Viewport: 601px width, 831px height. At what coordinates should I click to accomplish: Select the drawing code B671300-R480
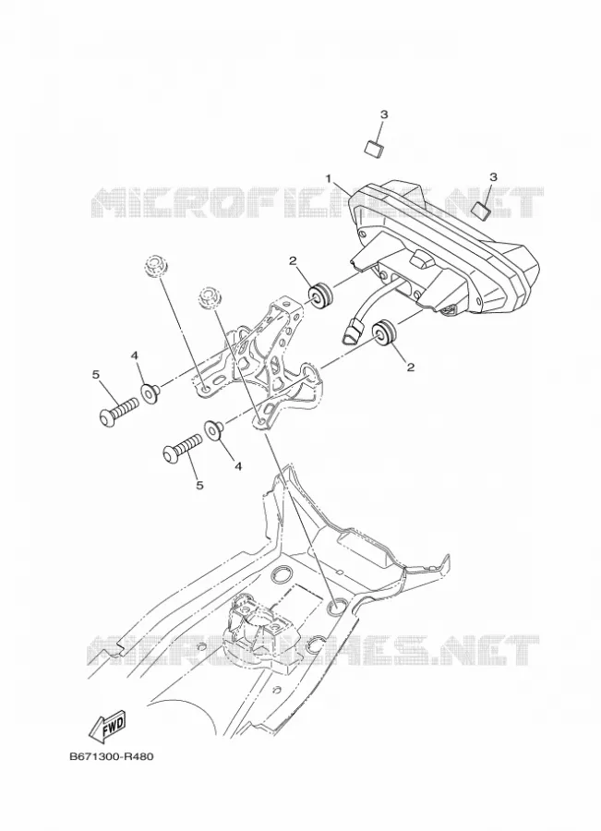tap(112, 756)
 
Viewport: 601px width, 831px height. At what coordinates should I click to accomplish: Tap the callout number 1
tap(329, 178)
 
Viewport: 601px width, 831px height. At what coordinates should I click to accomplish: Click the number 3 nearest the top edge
tap(384, 114)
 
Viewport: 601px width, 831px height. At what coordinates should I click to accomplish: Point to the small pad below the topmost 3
tap(375, 148)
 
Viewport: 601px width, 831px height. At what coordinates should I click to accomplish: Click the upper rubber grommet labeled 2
tap(320, 295)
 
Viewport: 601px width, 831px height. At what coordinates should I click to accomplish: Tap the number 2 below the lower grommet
tap(410, 367)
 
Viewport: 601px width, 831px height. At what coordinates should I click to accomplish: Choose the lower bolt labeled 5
tap(182, 447)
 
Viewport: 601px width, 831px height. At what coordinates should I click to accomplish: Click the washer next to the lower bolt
tap(213, 428)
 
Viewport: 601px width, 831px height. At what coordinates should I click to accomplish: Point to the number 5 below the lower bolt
tap(199, 485)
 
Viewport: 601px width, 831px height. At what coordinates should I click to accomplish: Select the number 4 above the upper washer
tap(135, 356)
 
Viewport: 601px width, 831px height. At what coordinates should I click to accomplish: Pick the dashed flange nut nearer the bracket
tap(210, 296)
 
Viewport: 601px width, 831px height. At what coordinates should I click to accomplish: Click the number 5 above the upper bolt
tap(95, 375)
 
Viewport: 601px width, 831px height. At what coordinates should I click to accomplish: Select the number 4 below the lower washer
tap(238, 466)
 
